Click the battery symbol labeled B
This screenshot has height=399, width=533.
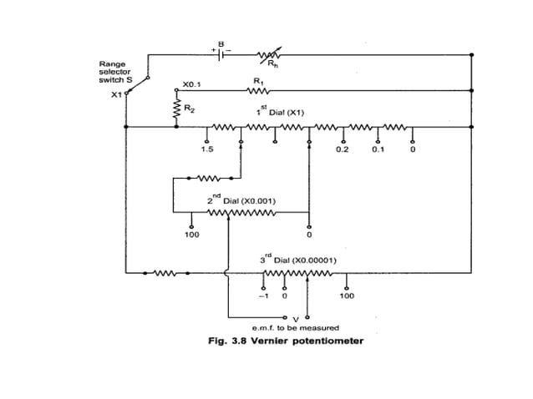pos(221,53)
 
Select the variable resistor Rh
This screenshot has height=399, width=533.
pos(269,55)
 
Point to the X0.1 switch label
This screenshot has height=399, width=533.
pos(192,84)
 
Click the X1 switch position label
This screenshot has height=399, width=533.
pos(116,94)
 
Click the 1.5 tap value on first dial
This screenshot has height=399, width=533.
pos(206,150)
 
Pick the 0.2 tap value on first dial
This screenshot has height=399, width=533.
pos(342,150)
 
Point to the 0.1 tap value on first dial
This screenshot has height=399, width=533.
pos(378,150)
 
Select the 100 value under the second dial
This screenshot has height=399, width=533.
pos(191,235)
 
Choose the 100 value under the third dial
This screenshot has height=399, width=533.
pos(346,295)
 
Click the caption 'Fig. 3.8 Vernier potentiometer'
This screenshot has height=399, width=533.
pos(286,341)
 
